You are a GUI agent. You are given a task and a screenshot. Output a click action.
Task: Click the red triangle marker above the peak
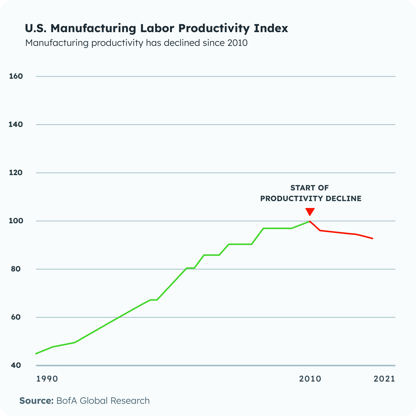(x=310, y=211)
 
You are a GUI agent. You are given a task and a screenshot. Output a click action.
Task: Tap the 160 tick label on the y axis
(x=16, y=76)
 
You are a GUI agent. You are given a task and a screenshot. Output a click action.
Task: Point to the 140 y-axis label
(x=16, y=124)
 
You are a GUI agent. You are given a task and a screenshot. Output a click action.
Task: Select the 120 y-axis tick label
(x=16, y=173)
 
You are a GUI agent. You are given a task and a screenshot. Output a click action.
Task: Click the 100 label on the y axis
(x=16, y=221)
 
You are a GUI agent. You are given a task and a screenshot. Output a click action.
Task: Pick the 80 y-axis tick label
(x=16, y=269)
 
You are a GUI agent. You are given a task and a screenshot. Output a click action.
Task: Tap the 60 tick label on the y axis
(x=16, y=317)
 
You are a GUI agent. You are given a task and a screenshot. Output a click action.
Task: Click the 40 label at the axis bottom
(x=16, y=365)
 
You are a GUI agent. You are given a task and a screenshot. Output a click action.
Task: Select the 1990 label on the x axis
(x=47, y=379)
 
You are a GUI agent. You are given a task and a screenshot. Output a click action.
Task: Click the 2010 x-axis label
(x=310, y=379)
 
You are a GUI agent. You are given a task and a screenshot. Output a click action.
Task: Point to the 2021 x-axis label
(x=384, y=379)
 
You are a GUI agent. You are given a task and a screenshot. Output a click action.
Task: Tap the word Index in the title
(x=271, y=28)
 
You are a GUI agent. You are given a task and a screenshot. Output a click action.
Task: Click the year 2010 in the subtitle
(x=237, y=43)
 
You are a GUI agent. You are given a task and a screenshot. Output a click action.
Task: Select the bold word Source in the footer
(x=36, y=401)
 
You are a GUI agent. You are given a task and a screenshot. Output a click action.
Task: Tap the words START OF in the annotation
(x=309, y=188)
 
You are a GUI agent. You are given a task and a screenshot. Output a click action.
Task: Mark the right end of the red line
(x=372, y=238)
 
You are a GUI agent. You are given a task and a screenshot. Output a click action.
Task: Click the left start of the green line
(x=36, y=354)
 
